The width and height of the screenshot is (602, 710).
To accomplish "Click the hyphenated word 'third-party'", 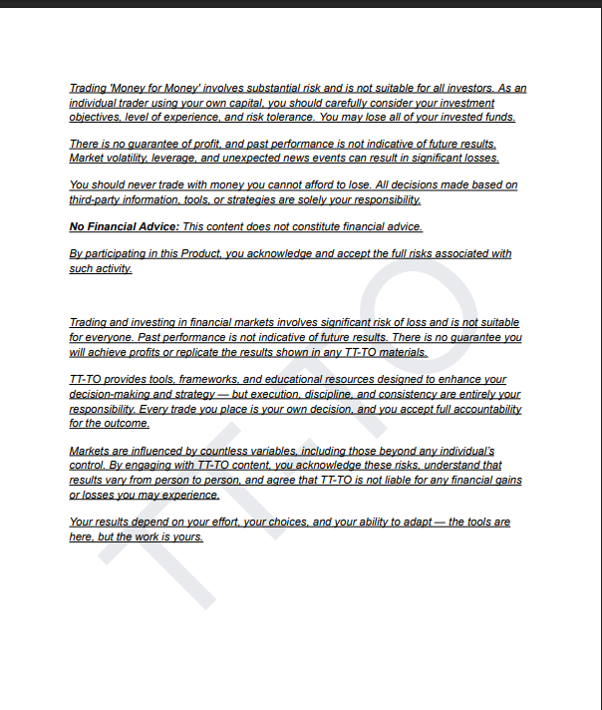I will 95,199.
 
